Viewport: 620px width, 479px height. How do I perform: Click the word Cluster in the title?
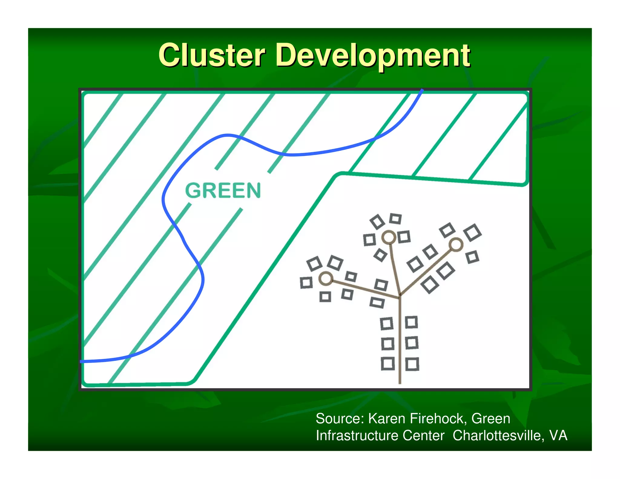tap(212, 55)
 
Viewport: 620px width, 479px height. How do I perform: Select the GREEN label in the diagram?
tap(223, 190)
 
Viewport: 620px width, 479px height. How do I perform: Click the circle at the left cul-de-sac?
tap(326, 278)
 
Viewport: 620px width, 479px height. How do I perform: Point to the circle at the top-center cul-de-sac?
tap(389, 237)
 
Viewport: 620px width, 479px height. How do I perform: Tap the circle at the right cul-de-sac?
tap(456, 244)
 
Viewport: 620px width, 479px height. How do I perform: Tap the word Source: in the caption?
tap(340, 418)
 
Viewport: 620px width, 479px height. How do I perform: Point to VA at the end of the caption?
tap(558, 435)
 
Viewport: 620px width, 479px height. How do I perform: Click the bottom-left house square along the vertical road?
tap(388, 364)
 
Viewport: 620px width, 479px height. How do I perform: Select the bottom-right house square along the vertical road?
tap(412, 364)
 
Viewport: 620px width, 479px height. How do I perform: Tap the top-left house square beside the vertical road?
tap(387, 323)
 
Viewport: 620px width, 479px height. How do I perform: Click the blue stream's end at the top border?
tap(422, 90)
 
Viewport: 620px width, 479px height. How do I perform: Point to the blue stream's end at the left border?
tap(81, 362)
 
